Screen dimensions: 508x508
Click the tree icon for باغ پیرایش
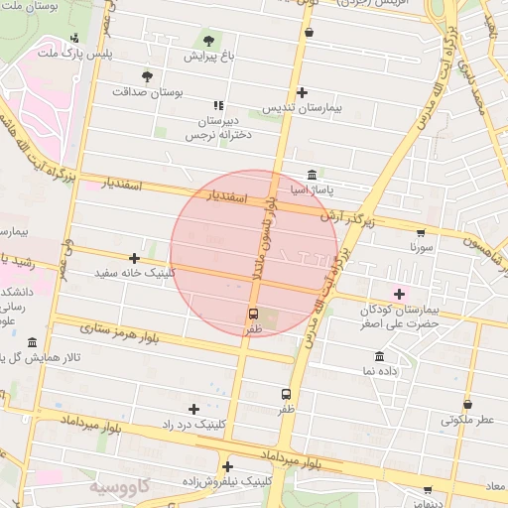[x=208, y=41]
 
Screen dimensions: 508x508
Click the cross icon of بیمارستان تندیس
[x=316, y=92]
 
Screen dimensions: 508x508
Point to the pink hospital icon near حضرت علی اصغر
[x=400, y=294]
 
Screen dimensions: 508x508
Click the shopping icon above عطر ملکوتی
[x=466, y=404]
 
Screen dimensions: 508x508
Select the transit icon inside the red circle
[x=254, y=314]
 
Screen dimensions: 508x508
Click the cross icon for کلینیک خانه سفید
[x=134, y=258]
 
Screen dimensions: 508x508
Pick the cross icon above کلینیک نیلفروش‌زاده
[x=227, y=466]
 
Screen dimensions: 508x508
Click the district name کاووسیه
[x=119, y=488]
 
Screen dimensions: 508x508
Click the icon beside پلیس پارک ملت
[x=74, y=39]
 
